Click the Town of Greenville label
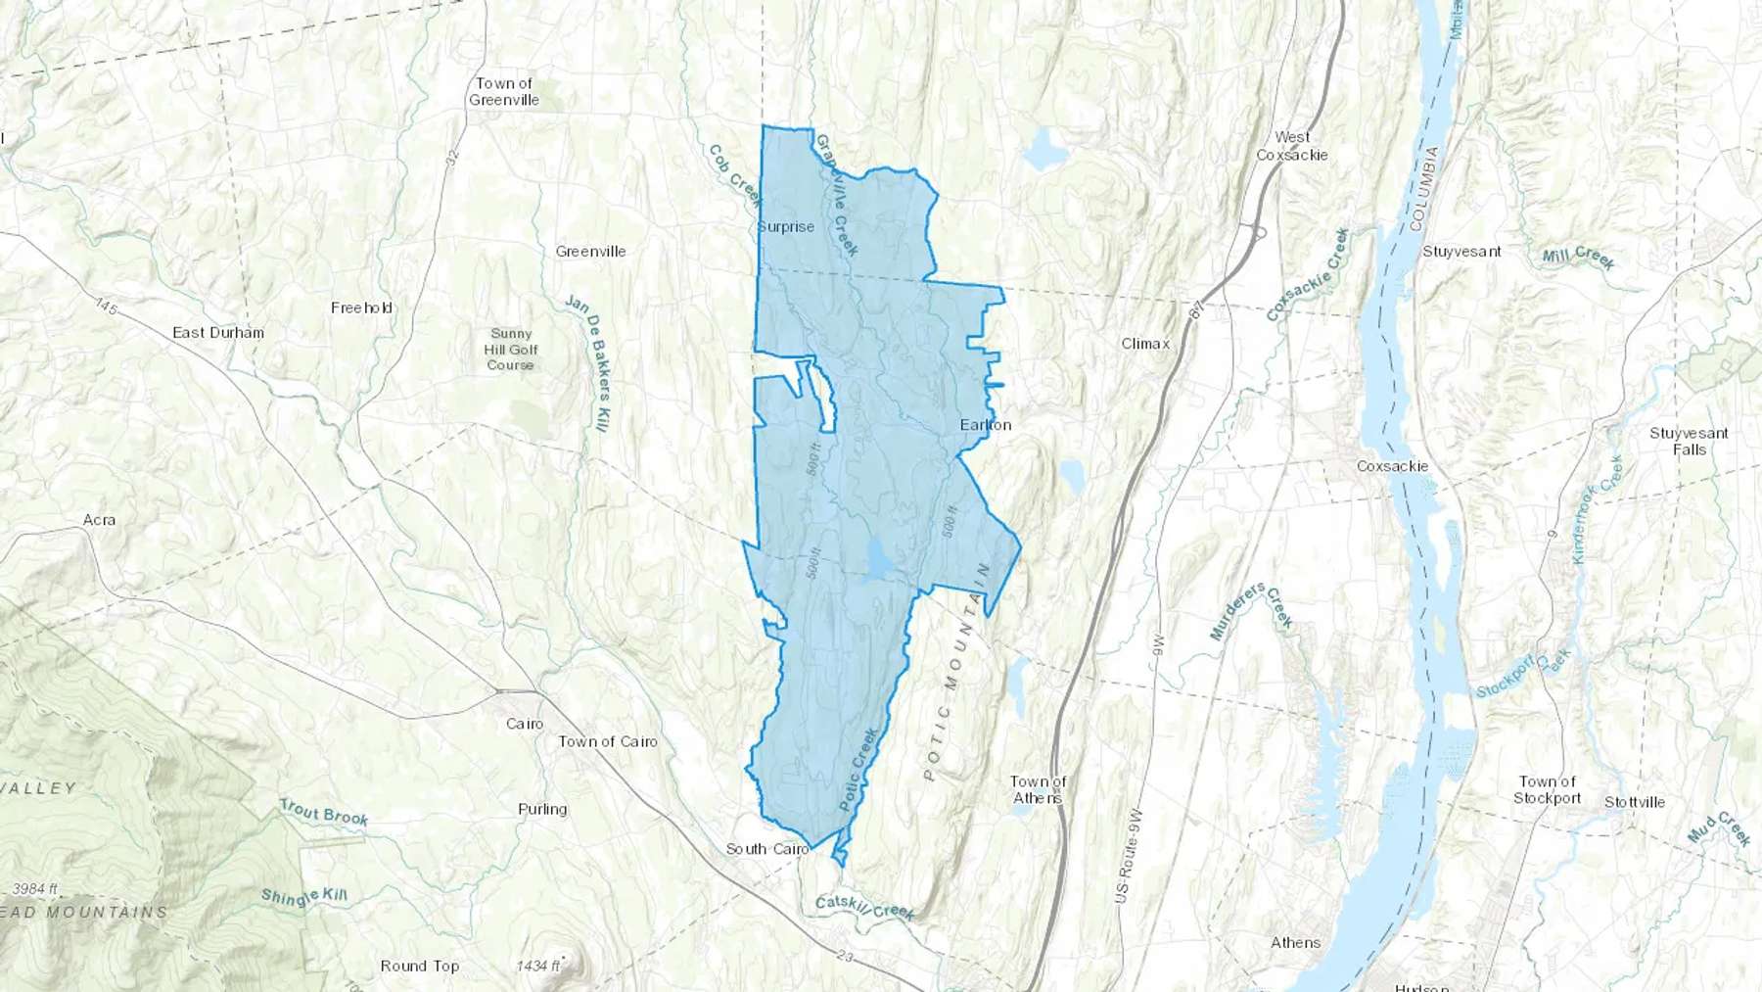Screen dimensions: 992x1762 [503, 91]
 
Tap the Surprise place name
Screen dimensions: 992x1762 [786, 227]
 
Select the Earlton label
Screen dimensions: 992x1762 [985, 425]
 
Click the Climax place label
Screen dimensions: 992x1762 [1144, 344]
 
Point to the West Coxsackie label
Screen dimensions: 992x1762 [1292, 146]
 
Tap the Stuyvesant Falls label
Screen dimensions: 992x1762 [1689, 442]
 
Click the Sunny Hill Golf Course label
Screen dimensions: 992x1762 [511, 350]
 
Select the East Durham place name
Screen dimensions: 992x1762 [218, 333]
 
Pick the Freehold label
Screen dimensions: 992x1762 [361, 308]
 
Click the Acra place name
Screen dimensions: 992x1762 [99, 520]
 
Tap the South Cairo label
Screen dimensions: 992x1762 [767, 849]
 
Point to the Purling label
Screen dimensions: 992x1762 [542, 810]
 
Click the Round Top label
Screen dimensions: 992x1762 [419, 967]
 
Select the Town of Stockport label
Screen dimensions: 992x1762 [1547, 790]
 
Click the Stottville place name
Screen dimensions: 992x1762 [1634, 802]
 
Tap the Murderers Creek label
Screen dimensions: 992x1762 [1251, 612]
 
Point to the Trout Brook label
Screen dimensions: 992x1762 [323, 813]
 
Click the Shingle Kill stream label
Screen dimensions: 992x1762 [304, 897]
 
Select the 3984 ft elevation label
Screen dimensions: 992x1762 [35, 889]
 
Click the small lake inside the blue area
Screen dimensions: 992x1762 [878, 559]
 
